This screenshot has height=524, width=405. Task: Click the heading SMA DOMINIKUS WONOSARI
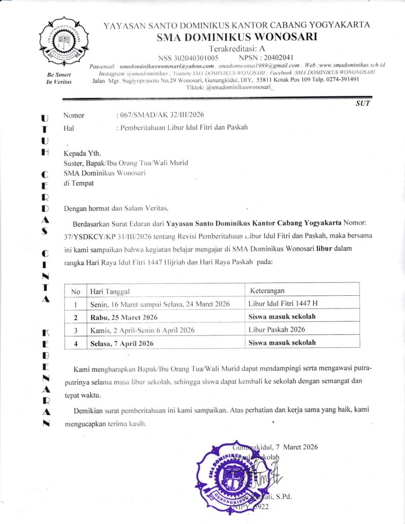point(237,36)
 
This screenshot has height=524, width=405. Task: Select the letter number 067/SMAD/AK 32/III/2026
point(164,115)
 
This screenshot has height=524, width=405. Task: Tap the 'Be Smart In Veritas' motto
point(59,79)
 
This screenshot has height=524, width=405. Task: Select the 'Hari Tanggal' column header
point(110,291)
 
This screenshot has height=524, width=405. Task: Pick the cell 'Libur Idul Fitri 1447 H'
point(283,304)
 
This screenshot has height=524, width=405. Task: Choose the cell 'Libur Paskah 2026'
point(276,330)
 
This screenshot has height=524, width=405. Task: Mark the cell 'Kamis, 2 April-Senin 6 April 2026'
point(142,330)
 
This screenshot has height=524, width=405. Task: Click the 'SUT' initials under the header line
point(362,103)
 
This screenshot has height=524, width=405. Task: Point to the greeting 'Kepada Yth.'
point(82,152)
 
